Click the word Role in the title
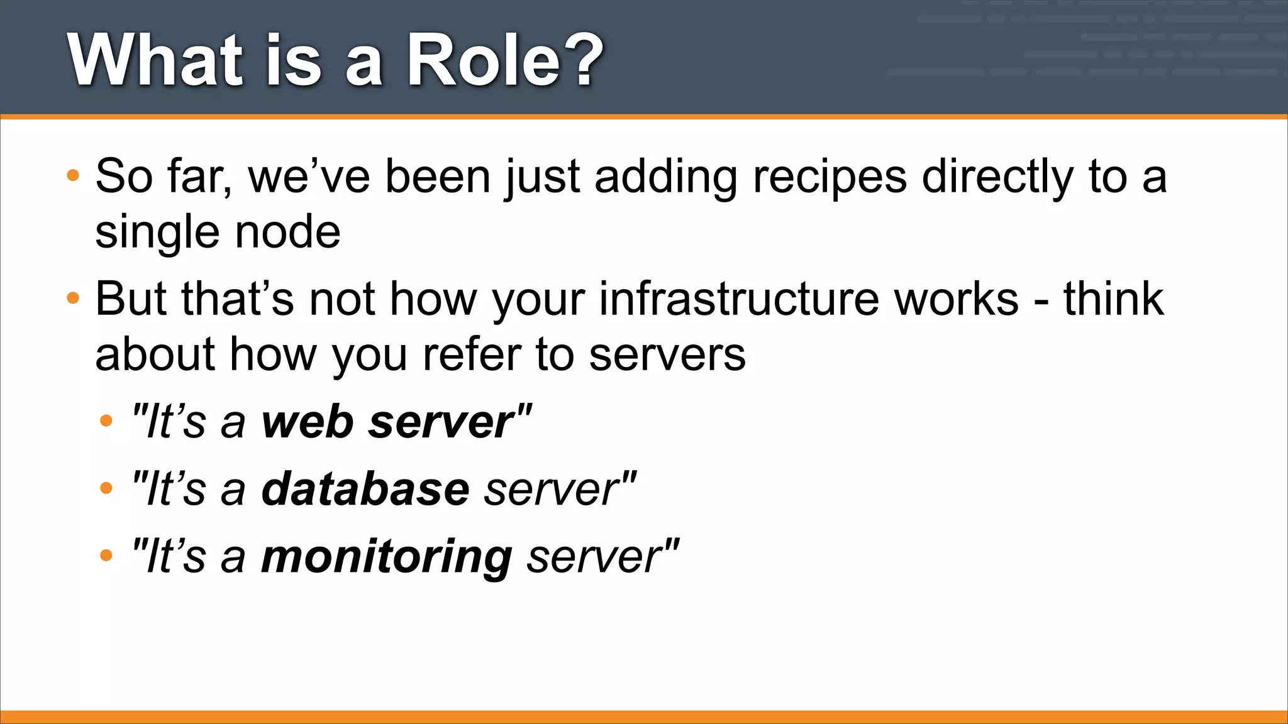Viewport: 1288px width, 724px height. (484, 61)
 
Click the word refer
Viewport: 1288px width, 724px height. (471, 355)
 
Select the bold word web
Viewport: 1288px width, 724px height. (308, 422)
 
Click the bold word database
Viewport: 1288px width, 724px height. (365, 490)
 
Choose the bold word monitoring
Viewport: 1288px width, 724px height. (386, 557)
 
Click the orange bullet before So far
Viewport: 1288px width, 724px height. (73, 175)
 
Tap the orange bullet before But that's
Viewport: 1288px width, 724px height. (73, 298)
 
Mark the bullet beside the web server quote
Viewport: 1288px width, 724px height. (106, 420)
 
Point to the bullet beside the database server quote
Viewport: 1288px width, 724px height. (106, 488)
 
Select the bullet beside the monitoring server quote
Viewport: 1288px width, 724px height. (106, 555)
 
